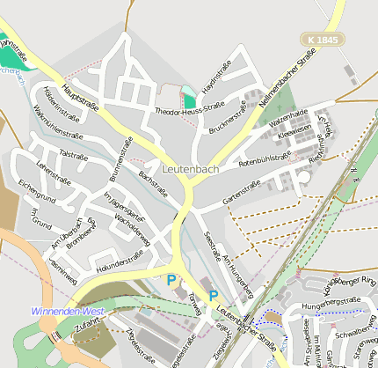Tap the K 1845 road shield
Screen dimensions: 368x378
(x=322, y=40)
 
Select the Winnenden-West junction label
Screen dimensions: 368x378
(x=68, y=312)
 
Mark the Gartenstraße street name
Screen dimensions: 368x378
(x=241, y=194)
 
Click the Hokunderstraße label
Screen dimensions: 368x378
(x=120, y=261)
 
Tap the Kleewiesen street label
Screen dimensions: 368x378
(x=294, y=133)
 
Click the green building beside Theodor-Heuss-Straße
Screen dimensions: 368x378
(x=189, y=99)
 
